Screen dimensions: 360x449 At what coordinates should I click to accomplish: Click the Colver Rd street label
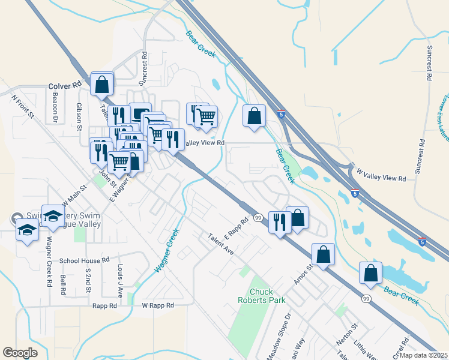(64, 86)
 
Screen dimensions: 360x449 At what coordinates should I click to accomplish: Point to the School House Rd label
(85, 260)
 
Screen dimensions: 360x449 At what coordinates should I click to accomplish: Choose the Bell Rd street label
(63, 284)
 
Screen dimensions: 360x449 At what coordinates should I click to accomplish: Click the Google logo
(20, 353)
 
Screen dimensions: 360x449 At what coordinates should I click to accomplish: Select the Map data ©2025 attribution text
(423, 355)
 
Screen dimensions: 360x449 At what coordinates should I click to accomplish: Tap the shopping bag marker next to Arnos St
(323, 254)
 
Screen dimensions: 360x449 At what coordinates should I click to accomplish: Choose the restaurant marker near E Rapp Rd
(279, 222)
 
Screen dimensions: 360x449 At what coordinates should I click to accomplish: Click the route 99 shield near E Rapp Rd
(258, 217)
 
